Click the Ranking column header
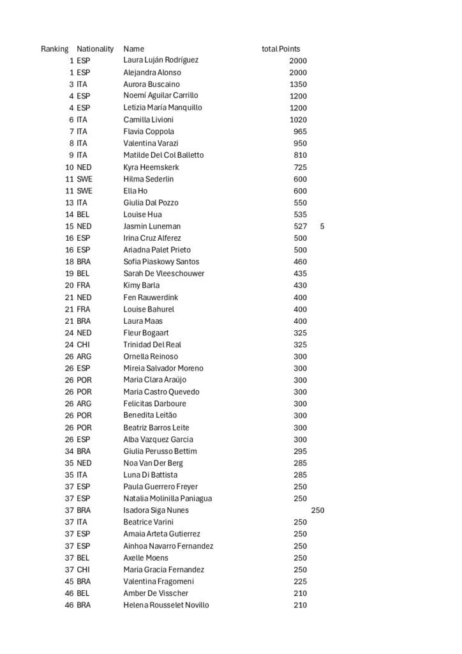(x=55, y=49)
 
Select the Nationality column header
(x=95, y=49)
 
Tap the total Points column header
(x=281, y=49)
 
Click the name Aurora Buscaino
(x=151, y=84)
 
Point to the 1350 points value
(x=298, y=84)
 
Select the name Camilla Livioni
(x=148, y=119)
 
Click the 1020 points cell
(x=298, y=119)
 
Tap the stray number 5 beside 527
(x=322, y=226)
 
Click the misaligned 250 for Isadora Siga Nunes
(x=318, y=510)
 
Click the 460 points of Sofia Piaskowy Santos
(x=300, y=262)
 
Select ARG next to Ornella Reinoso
(x=84, y=356)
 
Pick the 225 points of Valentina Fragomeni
(x=300, y=582)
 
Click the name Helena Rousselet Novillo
(x=166, y=605)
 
